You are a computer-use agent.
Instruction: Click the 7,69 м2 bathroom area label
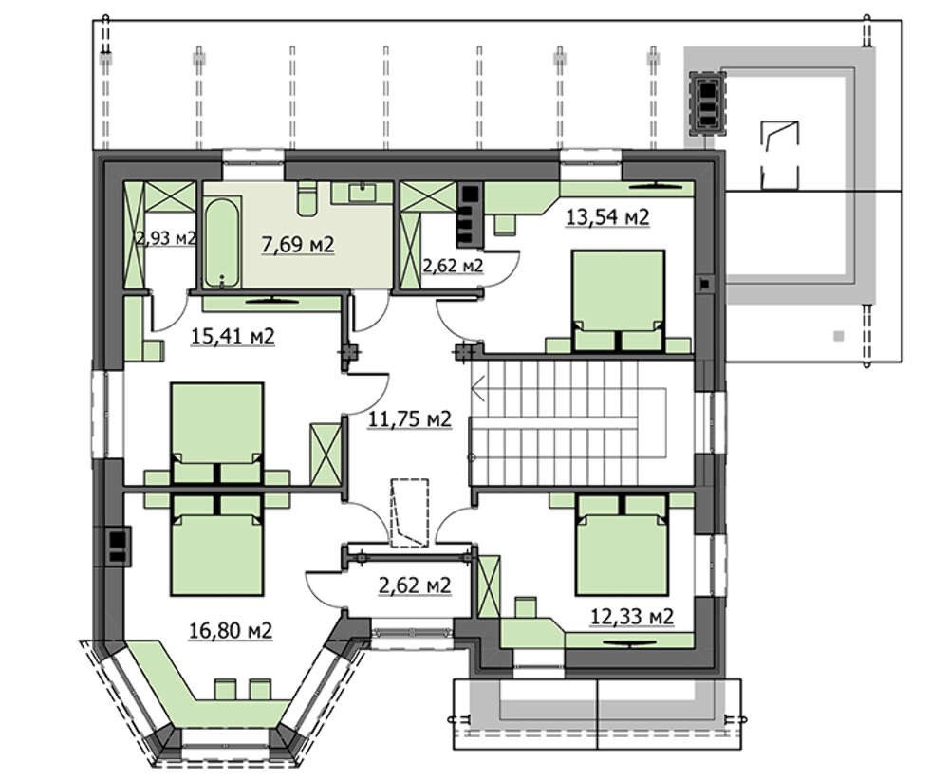[298, 245]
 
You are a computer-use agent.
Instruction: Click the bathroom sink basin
[363, 193]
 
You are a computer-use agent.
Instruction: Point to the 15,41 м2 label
[233, 336]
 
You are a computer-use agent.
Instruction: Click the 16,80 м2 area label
[231, 630]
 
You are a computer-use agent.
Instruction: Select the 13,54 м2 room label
[607, 216]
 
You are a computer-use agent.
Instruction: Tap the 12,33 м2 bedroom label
[632, 617]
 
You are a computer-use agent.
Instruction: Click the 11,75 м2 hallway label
[410, 418]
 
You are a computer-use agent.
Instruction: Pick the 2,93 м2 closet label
[166, 238]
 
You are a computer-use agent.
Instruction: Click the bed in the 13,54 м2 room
[618, 301]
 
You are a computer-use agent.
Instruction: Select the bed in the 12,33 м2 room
[623, 544]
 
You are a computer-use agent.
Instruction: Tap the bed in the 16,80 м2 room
[217, 546]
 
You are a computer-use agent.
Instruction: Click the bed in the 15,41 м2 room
[217, 432]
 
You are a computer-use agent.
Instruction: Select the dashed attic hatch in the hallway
[410, 511]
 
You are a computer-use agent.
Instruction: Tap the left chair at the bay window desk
[225, 689]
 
